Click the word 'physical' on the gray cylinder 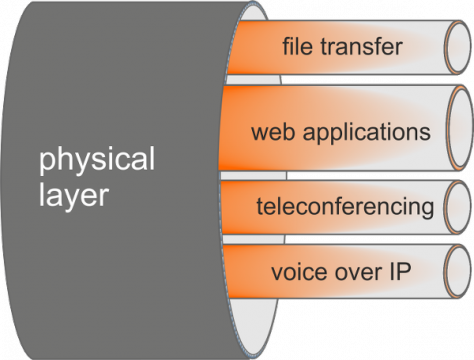97,160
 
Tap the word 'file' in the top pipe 299,46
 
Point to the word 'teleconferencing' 345,207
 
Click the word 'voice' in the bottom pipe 295,272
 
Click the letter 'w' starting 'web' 258,132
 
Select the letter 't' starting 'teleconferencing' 260,207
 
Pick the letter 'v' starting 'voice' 276,273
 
